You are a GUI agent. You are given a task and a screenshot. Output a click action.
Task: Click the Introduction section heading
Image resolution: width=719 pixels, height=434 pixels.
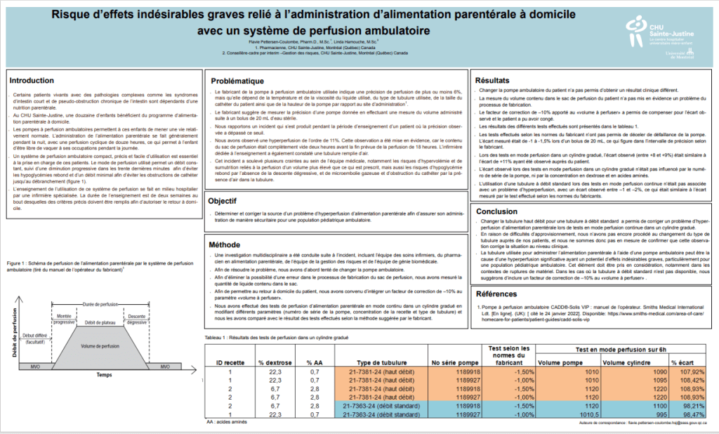click(x=32, y=80)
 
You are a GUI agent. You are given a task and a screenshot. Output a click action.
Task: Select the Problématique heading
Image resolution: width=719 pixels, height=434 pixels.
click(x=238, y=81)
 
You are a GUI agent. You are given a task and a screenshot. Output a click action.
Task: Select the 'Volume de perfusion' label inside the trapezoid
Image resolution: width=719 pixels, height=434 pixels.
click(x=100, y=346)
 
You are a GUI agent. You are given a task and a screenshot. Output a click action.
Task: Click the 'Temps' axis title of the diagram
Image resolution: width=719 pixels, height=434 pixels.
click(x=105, y=375)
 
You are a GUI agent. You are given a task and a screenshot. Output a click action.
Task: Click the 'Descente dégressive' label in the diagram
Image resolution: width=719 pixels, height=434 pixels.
click(x=136, y=318)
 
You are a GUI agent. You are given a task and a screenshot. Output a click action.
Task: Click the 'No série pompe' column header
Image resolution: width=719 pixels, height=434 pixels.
click(x=451, y=362)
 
